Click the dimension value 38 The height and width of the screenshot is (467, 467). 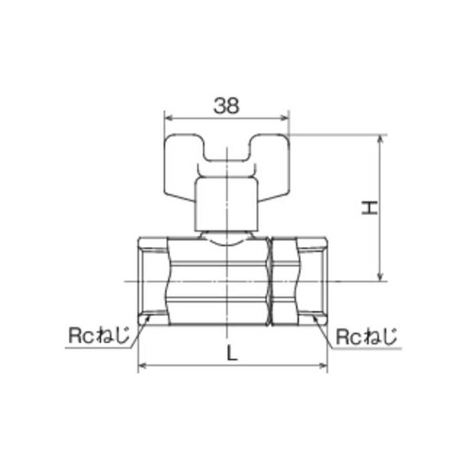point(226,106)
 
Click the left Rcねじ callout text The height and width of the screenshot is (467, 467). point(98,335)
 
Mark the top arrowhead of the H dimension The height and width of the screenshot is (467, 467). point(382,138)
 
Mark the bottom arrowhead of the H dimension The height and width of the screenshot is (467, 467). point(382,277)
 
